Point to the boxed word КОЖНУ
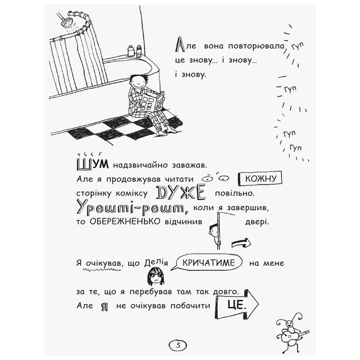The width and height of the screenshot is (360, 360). pos(260,179)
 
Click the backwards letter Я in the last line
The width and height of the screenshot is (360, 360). pos(104,306)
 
